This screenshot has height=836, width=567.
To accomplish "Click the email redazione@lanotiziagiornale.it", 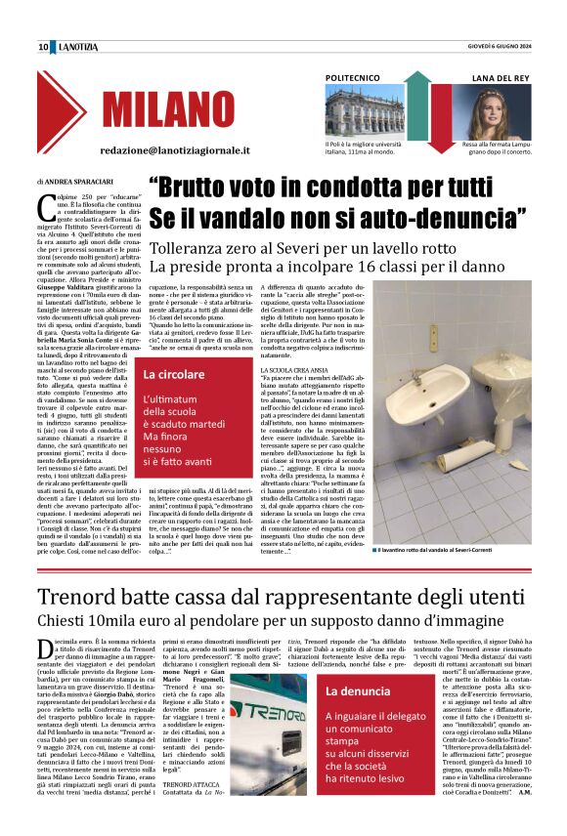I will pyautogui.click(x=175, y=151).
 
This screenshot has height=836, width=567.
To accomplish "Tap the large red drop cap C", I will pyautogui.click(x=44, y=206).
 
